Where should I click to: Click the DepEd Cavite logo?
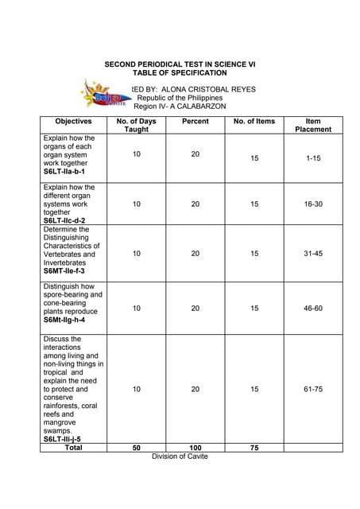point(104,95)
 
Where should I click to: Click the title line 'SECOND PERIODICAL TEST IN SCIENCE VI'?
point(180,63)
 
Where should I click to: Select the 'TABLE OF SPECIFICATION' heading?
point(180,72)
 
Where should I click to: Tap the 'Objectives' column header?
point(73,122)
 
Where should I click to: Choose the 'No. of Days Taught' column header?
point(137,125)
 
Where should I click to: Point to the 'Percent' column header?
point(195,122)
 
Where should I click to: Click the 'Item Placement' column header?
point(313,125)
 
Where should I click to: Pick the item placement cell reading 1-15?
point(313,159)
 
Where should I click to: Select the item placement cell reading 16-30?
point(313,204)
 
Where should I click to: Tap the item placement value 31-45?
point(313,254)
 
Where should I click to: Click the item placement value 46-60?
point(313,308)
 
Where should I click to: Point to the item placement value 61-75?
point(313,390)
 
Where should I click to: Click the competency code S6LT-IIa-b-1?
point(64,172)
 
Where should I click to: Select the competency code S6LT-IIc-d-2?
point(64,221)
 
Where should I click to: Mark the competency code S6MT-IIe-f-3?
point(64,271)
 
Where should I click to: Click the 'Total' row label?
point(73,448)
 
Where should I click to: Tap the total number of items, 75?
point(254,448)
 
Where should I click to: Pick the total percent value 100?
point(195,448)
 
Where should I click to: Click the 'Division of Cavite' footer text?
point(180,457)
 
